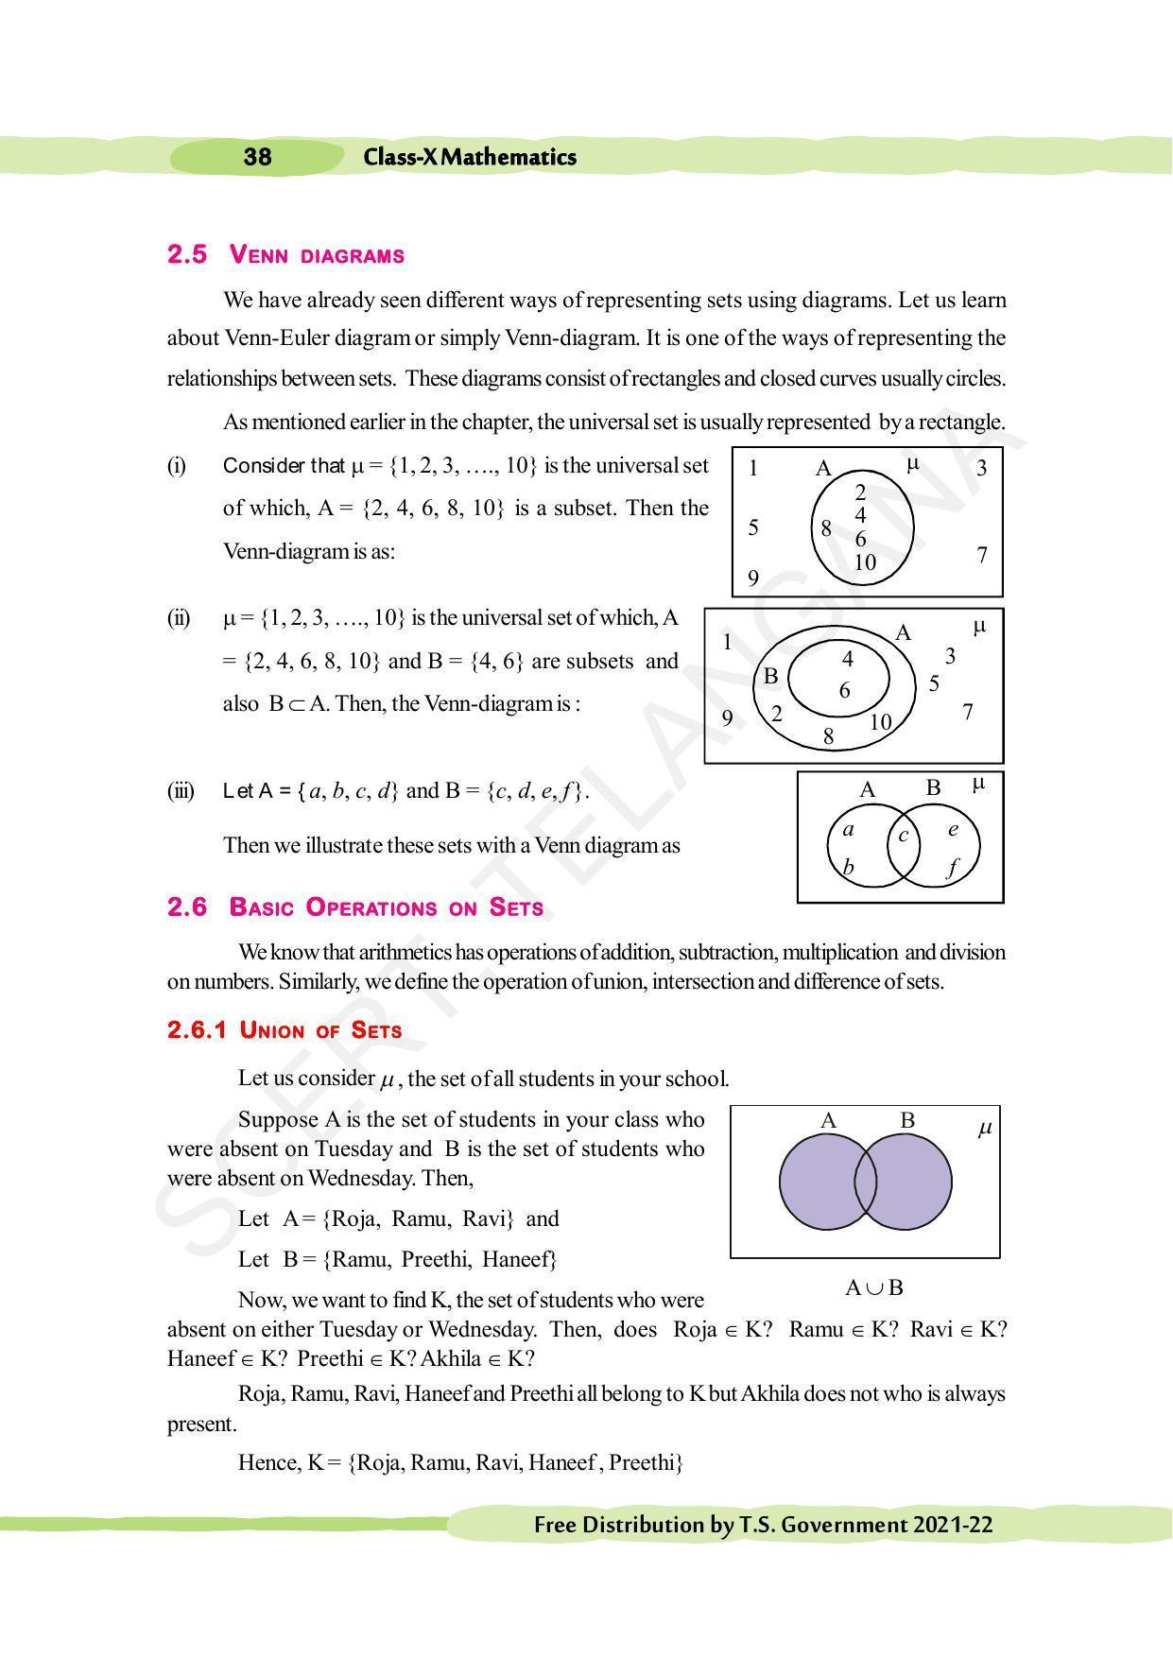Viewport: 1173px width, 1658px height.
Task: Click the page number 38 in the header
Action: tap(257, 157)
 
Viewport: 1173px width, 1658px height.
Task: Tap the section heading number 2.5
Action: tap(186, 254)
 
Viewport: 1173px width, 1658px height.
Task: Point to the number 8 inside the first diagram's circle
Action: tap(826, 529)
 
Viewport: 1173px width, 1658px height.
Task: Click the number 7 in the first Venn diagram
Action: tap(982, 555)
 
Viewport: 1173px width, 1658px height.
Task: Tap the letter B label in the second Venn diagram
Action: tap(770, 676)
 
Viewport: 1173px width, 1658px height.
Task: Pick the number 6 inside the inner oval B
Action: tap(845, 691)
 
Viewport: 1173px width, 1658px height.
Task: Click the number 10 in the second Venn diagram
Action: tap(880, 722)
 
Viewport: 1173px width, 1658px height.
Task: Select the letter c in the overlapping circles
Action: tap(904, 836)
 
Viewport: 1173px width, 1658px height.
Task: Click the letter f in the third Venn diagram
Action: tap(952, 868)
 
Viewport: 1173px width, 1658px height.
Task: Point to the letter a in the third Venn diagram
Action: tap(848, 830)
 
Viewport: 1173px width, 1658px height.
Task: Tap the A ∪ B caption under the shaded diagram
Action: tap(873, 1287)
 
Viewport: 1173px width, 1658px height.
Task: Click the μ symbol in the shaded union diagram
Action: tap(984, 1128)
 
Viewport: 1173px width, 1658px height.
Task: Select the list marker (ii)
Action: tap(179, 618)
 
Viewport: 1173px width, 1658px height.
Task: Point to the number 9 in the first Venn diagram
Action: tap(753, 578)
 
